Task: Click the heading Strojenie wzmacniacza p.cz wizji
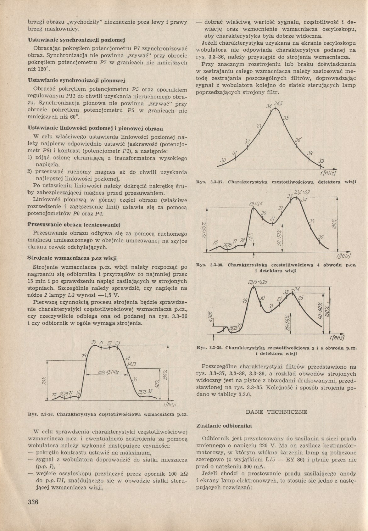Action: [x=72, y=258]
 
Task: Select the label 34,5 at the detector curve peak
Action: [x=278, y=104]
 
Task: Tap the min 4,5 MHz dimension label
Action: [x=108, y=372]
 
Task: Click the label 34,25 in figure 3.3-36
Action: [x=131, y=364]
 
